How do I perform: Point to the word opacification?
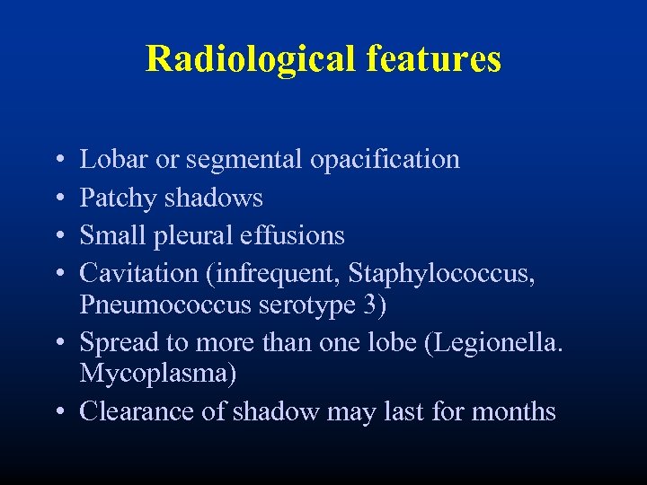click(385, 160)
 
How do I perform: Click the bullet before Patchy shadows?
click(58, 198)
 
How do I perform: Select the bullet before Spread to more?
click(58, 343)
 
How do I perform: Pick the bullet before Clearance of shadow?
click(58, 412)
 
